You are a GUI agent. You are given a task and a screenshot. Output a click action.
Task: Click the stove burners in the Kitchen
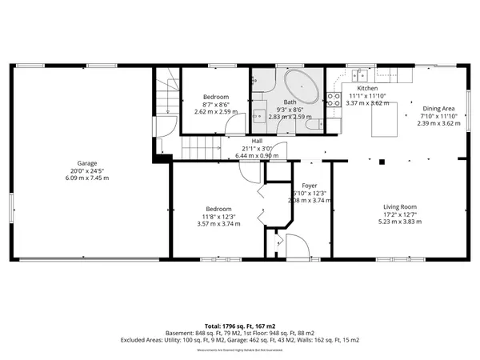point(334,98)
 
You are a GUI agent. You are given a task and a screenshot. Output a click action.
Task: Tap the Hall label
point(257,141)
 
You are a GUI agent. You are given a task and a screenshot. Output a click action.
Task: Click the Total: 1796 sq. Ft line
point(239,326)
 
